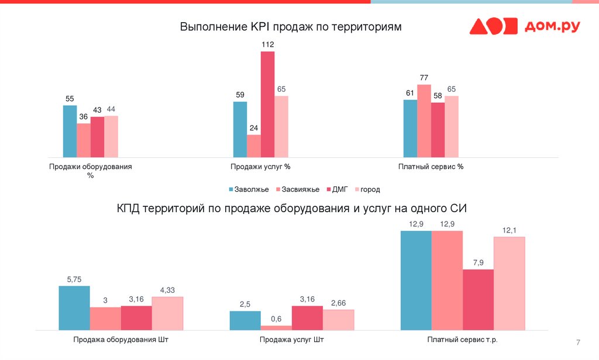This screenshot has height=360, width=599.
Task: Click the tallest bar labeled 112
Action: tap(267, 104)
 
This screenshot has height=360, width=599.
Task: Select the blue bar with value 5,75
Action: tap(74, 307)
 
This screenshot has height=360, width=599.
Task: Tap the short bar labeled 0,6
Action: tap(276, 327)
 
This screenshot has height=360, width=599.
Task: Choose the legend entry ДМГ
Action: tap(340, 189)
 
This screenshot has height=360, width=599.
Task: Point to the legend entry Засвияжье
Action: tap(300, 189)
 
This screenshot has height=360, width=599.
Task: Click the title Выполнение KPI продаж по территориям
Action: tap(291, 27)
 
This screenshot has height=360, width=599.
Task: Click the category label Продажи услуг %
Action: tap(260, 167)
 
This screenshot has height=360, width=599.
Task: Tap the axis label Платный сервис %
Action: tap(431, 167)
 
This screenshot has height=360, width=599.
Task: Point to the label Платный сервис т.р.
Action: tap(463, 340)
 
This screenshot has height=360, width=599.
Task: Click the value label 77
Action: tap(424, 77)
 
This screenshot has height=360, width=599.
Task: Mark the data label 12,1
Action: tap(510, 230)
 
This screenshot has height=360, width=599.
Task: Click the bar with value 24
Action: tap(253, 146)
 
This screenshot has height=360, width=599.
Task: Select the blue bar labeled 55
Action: tap(70, 131)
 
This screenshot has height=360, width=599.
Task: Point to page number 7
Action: tap(578, 342)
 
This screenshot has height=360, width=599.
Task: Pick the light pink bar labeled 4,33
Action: tap(167, 313)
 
